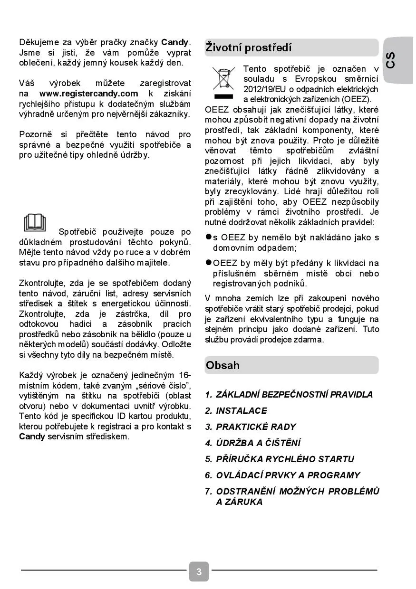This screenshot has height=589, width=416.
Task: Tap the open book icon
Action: tap(36, 223)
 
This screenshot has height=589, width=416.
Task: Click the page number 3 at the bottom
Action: tap(199, 571)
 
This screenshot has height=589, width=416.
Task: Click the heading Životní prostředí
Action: tap(249, 47)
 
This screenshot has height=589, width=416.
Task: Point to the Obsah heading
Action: tap(223, 365)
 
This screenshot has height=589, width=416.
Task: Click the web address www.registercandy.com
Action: tap(88, 94)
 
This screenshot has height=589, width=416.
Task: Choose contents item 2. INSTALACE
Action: tap(236, 410)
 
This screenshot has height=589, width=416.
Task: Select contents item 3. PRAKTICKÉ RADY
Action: tap(251, 427)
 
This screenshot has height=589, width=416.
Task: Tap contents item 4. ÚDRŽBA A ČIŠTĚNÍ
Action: tap(253, 443)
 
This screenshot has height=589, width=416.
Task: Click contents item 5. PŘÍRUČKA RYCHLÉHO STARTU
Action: tap(280, 459)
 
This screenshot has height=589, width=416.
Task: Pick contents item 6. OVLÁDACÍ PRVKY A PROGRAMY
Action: tap(283, 475)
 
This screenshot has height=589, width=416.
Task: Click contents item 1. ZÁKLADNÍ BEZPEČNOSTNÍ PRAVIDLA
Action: tap(289, 394)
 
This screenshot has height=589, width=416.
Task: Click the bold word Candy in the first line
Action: tap(175, 42)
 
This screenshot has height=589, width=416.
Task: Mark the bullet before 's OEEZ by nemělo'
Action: tap(208, 237)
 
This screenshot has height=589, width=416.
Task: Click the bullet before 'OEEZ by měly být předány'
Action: tap(208, 263)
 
